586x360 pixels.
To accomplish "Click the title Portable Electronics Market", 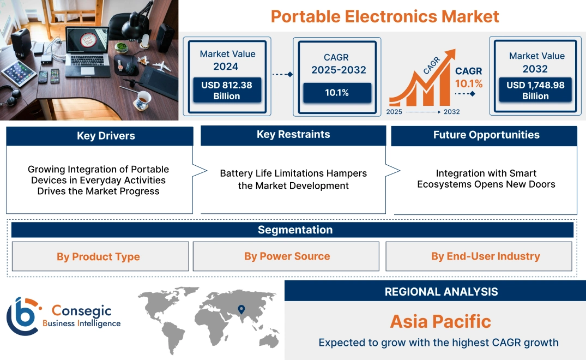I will click(x=384, y=16).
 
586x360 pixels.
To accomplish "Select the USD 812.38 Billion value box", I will click(x=226, y=90).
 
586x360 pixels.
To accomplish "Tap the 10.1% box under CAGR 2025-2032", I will click(x=337, y=93).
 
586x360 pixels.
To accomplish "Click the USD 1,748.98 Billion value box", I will click(x=535, y=90).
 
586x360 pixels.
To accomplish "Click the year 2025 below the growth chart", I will click(x=395, y=112).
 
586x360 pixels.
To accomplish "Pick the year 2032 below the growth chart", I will click(x=451, y=112).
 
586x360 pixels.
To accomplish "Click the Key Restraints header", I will click(x=293, y=135).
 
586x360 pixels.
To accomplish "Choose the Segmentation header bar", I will click(x=295, y=230).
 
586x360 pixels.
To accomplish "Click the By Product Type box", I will click(x=98, y=257).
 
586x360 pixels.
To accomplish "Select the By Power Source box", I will click(x=287, y=256).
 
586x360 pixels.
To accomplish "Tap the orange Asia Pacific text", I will click(x=440, y=321).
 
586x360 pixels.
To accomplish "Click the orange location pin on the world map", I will click(x=241, y=310).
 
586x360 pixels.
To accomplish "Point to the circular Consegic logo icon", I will click(x=23, y=316).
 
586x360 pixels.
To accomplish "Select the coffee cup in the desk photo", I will click(x=143, y=99).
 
